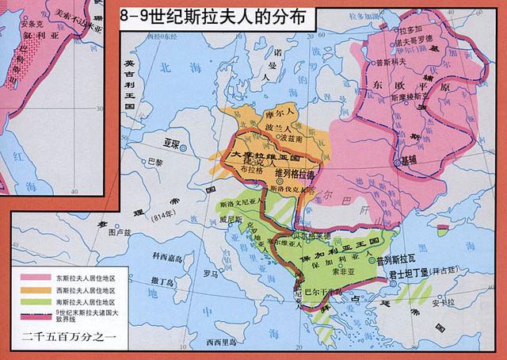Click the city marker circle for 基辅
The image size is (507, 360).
[397, 162]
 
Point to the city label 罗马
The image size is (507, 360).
[210, 274]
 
